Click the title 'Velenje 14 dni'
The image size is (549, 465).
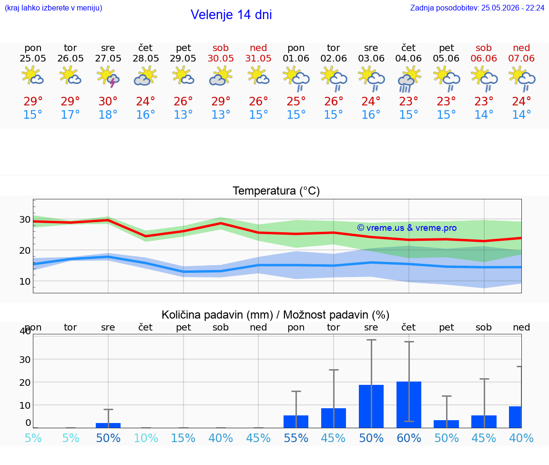pyautogui.click(x=231, y=15)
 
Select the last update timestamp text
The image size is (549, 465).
pyautogui.click(x=477, y=8)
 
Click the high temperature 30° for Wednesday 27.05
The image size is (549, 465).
pyautogui.click(x=108, y=101)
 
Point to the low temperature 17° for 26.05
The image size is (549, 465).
pyautogui.click(x=71, y=114)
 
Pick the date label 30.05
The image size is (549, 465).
pyautogui.click(x=221, y=58)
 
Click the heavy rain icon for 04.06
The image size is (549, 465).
pyautogui.click(x=408, y=79)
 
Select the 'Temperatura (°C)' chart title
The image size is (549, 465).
pyautogui.click(x=276, y=191)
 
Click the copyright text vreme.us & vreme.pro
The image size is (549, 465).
pyautogui.click(x=407, y=228)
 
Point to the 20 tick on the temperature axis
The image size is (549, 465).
pyautogui.click(x=25, y=250)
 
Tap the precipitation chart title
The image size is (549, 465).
pyautogui.click(x=275, y=315)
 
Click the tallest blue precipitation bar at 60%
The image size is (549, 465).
pyautogui.click(x=408, y=405)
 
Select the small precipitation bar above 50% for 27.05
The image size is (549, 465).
pyautogui.click(x=108, y=425)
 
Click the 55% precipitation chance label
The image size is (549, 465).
pyautogui.click(x=296, y=438)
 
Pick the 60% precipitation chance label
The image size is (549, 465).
pyautogui.click(x=408, y=438)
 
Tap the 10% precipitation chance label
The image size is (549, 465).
pyautogui.click(x=146, y=438)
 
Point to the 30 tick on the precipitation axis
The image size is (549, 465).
pyautogui.click(x=25, y=360)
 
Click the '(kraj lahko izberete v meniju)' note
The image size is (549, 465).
pyautogui.click(x=53, y=8)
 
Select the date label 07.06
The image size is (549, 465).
pyautogui.click(x=521, y=58)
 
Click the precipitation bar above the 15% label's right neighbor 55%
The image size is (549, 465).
pyautogui.click(x=296, y=422)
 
